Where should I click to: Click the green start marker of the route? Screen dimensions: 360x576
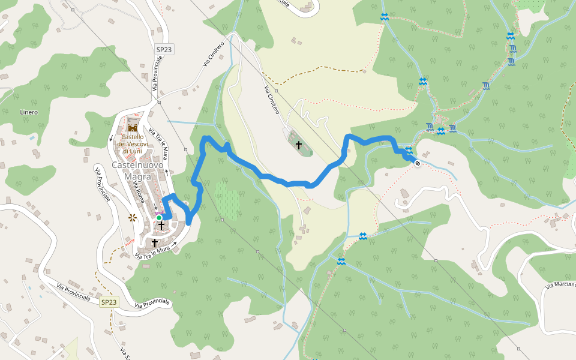click(159, 218)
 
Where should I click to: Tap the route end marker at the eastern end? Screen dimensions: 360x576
click(417, 163)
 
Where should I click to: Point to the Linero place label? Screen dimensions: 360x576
click(29, 112)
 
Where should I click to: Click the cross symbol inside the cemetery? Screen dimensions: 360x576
click(298, 145)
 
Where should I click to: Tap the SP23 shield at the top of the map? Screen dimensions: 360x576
click(164, 50)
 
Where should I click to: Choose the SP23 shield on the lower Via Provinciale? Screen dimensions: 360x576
click(109, 302)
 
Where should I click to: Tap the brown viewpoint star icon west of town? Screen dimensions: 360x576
click(133, 218)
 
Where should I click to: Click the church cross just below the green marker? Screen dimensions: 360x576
click(161, 226)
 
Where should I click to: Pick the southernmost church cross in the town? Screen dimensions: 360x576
click(154, 243)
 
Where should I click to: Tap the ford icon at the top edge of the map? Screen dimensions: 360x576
click(384, 17)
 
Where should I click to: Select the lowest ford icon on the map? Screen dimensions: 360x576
click(341, 261)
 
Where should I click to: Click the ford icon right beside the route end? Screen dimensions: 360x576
click(409, 150)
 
